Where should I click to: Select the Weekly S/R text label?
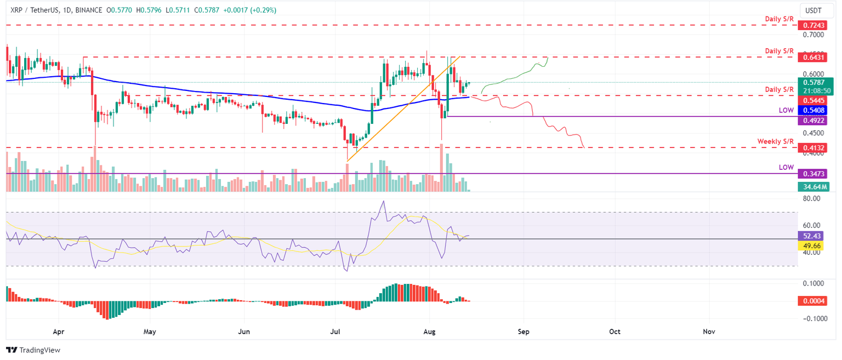click(775, 141)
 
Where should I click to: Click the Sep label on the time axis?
click(524, 332)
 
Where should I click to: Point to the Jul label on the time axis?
click(334, 332)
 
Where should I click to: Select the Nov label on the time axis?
click(709, 332)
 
